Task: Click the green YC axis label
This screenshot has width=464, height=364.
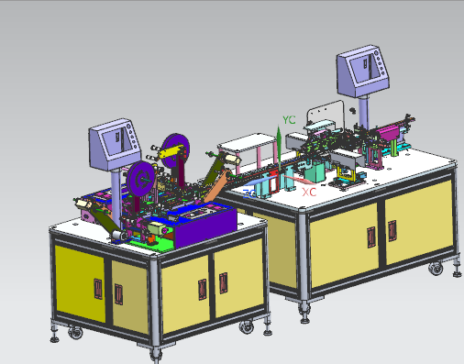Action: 289,120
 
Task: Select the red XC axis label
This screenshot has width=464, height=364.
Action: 309,193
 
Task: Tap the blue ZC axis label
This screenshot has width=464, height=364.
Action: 249,193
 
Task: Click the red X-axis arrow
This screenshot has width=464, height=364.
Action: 299,180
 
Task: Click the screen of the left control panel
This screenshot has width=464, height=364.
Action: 117,141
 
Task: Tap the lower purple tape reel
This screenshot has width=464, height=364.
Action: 141,178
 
